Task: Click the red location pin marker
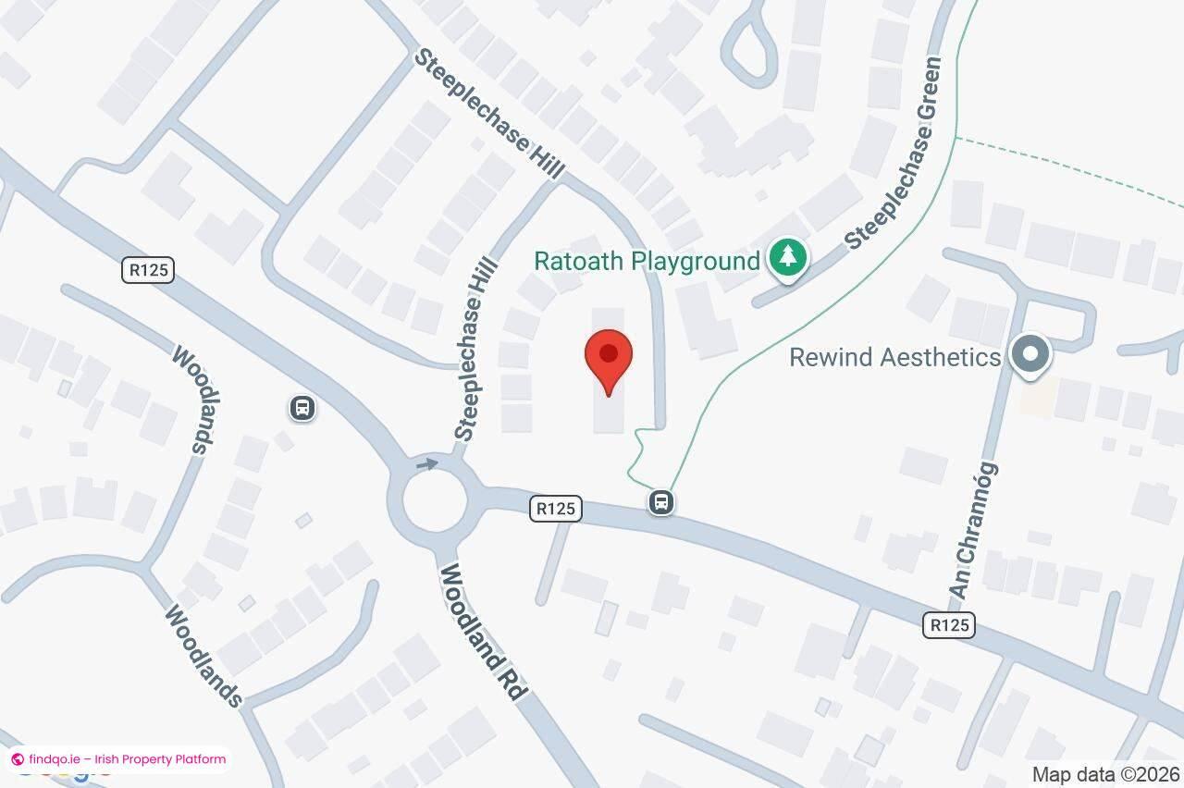609,361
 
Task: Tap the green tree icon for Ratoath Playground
787,257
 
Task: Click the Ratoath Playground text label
647,261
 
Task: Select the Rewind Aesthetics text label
894,357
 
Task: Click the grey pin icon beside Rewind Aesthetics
1029,355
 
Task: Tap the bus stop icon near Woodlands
302,408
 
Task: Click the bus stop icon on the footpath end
660,503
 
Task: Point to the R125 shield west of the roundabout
148,270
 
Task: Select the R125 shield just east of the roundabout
556,508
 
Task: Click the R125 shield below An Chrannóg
948,625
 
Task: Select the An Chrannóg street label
974,530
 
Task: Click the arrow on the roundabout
426,462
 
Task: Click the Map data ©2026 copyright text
1105,774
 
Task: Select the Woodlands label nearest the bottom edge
204,655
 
